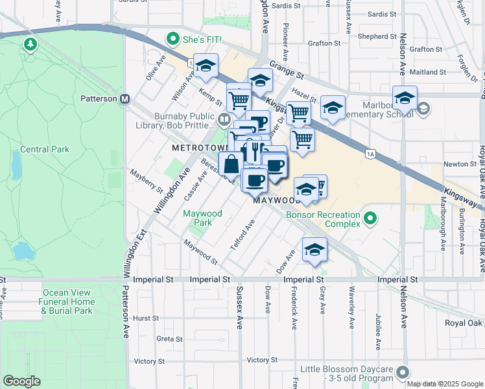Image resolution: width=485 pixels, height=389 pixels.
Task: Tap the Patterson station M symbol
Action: [126, 99]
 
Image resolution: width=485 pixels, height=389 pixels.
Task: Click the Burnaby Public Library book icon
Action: [224, 119]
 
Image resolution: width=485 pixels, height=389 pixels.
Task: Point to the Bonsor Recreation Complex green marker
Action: [370, 218]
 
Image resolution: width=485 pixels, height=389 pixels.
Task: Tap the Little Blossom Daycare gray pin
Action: [403, 372]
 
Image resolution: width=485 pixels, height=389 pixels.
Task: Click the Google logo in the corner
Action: [21, 381]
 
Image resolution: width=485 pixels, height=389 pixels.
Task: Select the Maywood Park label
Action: [202, 218]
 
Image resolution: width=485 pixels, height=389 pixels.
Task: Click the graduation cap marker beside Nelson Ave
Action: [405, 99]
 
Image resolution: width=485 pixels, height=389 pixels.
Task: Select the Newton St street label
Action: [462, 164]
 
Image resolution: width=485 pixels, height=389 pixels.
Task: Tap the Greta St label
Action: [169, 338]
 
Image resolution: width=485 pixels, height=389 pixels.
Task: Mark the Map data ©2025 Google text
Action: [445, 384]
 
